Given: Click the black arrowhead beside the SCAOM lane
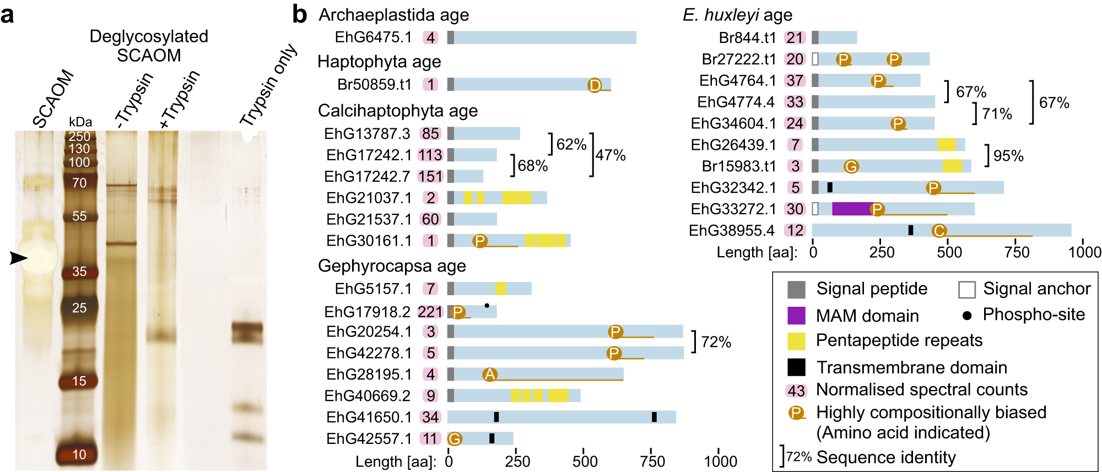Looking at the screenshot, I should [x=18, y=258].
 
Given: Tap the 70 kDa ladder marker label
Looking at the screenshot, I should [x=79, y=183].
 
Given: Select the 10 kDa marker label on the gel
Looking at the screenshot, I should [x=79, y=454].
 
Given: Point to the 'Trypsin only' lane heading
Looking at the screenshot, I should [x=268, y=85].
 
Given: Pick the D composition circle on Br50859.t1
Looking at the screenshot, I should [x=595, y=85].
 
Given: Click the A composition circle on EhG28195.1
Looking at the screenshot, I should [x=489, y=375].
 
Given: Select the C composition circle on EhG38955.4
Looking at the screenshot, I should [x=939, y=231].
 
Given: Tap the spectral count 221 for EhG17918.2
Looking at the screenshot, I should [x=430, y=312].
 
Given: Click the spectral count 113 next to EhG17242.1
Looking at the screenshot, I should [x=430, y=155].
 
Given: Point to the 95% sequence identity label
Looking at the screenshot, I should [x=1008, y=156].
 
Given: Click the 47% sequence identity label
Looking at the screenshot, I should [x=611, y=155].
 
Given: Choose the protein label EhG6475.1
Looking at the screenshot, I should [x=373, y=37].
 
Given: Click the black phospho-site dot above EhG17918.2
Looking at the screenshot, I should [x=487, y=305].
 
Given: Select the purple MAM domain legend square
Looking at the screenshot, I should [x=796, y=316].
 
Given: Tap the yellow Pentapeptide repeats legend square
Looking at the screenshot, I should [x=796, y=341].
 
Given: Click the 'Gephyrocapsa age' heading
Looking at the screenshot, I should [x=392, y=266].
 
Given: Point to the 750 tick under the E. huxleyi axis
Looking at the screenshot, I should [x=1017, y=252].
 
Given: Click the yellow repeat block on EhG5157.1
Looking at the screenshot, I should [x=500, y=289].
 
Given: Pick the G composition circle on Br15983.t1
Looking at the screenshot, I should [x=851, y=166].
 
